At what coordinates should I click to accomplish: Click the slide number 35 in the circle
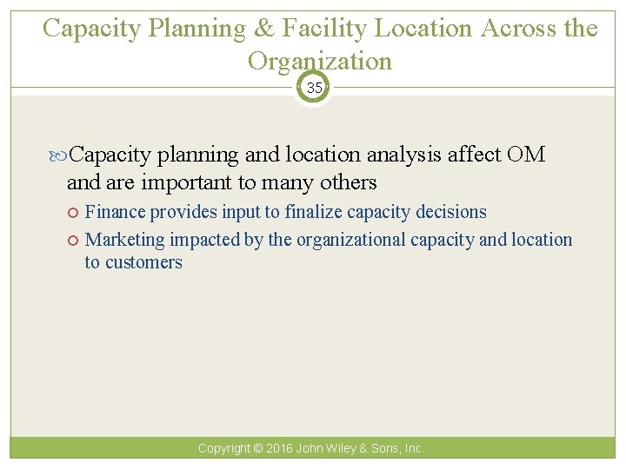[313, 88]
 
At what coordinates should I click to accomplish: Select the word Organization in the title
[320, 61]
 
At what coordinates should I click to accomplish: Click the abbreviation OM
[525, 155]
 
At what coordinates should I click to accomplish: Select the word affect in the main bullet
[475, 155]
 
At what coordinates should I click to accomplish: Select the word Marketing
[125, 240]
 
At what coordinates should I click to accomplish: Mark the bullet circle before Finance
[76, 213]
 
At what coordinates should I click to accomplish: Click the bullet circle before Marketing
[76, 241]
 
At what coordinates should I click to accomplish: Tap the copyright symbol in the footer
[257, 449]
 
